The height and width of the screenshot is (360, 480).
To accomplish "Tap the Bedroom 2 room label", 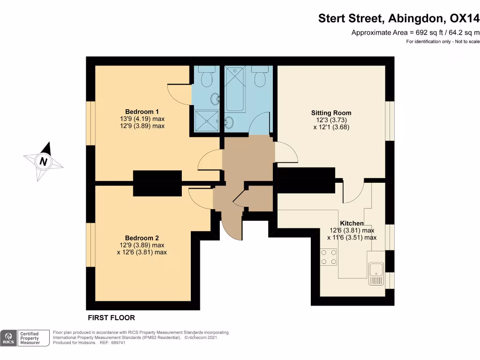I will [142, 238].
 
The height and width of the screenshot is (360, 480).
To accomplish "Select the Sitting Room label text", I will [331, 113].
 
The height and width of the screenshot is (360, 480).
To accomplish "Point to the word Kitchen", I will [352, 223].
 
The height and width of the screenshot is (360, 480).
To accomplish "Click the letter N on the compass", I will [44, 162].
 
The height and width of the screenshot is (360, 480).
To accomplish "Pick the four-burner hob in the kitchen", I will [328, 257].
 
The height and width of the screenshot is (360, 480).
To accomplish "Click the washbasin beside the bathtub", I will [230, 123].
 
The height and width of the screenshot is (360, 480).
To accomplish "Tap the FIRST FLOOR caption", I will [111, 317].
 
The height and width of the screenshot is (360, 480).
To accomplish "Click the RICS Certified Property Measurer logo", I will [26, 337].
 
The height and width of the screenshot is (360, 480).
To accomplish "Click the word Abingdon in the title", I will [417, 18].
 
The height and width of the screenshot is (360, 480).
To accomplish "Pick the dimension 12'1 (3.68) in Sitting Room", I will [331, 127].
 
